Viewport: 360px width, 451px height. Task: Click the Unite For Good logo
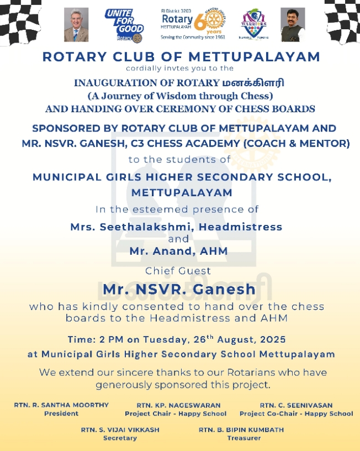124,25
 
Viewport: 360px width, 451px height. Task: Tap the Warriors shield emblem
255,24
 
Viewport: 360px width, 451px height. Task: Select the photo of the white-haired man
76,25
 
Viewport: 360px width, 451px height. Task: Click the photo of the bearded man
292,25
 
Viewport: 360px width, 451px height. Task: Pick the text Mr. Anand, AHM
178,251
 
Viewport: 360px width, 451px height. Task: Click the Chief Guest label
178,271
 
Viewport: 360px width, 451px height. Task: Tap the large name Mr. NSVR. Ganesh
180,289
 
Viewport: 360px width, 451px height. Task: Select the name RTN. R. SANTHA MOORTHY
54,405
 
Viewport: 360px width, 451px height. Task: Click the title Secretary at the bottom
120,438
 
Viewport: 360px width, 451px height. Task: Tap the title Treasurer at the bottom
241,438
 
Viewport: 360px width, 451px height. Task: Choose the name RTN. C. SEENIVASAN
296,405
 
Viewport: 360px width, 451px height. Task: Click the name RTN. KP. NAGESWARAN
175,405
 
